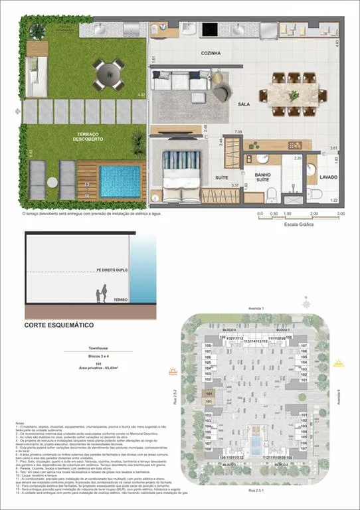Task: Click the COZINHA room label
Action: pos(211,52)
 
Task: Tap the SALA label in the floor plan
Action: pos(244,104)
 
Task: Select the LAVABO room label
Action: pos(328,177)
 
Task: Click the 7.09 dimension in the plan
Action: pos(238,132)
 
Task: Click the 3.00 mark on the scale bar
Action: pos(341,214)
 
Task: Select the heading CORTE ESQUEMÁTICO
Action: pos(58,325)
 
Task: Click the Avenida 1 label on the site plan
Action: pos(256,309)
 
